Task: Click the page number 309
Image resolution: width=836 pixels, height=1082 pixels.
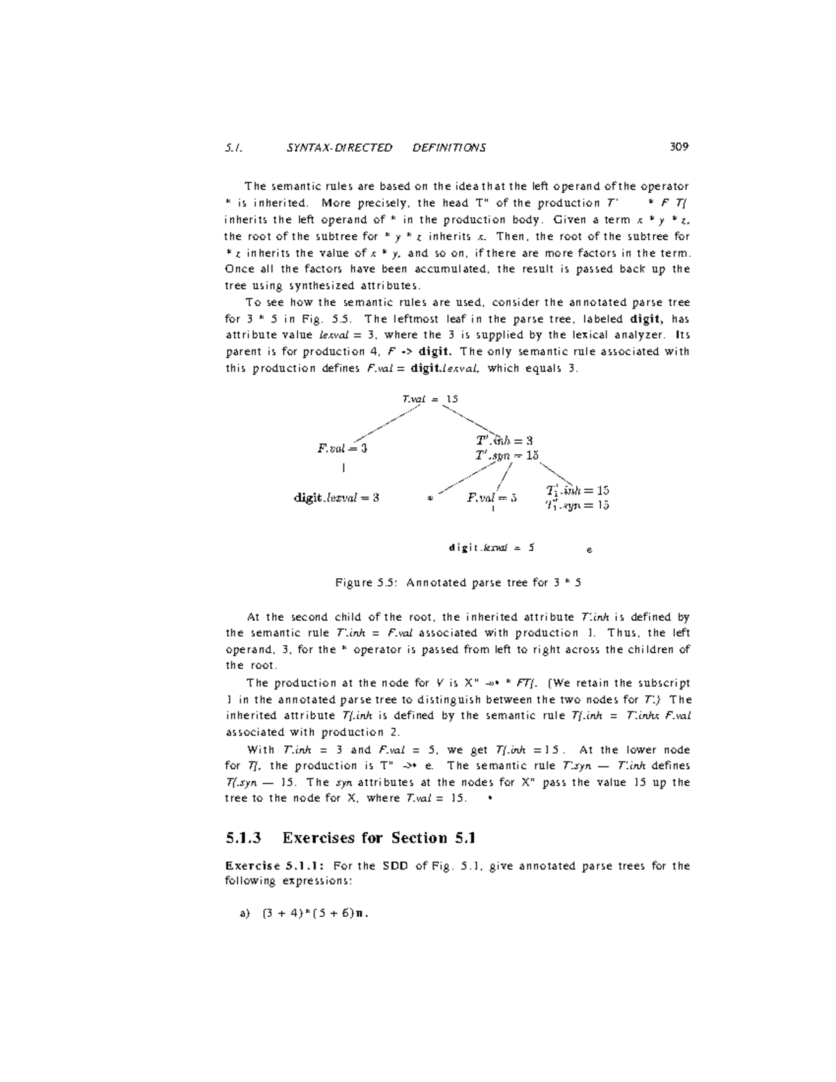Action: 679,147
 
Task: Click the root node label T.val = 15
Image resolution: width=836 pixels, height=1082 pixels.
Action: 430,399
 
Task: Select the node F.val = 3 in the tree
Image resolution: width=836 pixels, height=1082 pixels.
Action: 342,448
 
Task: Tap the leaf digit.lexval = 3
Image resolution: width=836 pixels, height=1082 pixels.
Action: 336,497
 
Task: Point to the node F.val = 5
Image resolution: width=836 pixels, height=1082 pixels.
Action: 492,497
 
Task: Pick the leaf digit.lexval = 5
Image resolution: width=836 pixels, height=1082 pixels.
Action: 492,548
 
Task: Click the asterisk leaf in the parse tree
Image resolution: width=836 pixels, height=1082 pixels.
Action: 431,499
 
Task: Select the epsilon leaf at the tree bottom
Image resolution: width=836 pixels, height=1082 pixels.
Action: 589,550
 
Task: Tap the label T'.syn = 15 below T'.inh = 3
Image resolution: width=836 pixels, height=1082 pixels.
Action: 507,455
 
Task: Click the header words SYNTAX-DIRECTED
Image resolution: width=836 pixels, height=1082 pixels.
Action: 339,148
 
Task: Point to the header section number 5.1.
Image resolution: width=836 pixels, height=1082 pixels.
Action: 233,148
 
